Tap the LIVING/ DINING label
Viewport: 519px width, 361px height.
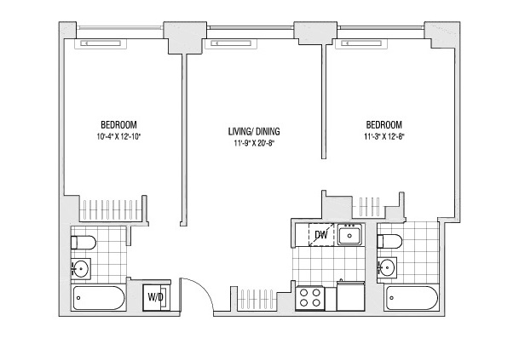[x=254, y=131]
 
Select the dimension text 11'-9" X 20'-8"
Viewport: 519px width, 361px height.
[x=254, y=144]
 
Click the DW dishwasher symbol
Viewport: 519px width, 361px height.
[x=320, y=235]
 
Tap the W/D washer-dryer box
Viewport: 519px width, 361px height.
[x=157, y=297]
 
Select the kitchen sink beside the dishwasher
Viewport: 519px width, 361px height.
[x=349, y=234]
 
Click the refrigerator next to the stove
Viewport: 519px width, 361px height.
[x=350, y=297]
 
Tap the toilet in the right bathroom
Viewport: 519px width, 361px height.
[x=389, y=242]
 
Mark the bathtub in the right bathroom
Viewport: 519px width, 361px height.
[x=412, y=298]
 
